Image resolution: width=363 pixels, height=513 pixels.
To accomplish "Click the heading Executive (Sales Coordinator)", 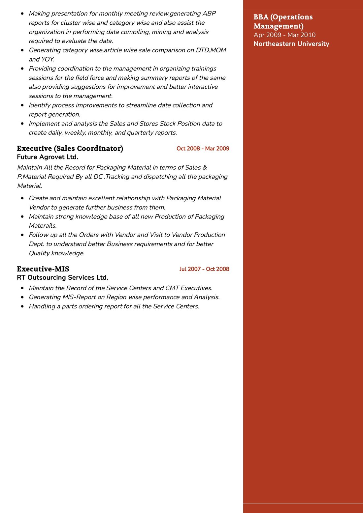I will tap(70, 148).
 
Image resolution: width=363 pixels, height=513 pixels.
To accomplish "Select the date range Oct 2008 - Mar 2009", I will tap(203, 149).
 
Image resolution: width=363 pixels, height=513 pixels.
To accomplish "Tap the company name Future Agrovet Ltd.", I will tap(48, 157).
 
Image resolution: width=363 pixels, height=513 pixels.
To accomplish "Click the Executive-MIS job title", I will tap(43, 269).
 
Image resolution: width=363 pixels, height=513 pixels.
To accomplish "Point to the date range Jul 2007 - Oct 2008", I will tap(204, 269).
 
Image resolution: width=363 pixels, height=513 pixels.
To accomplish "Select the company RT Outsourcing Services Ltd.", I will tap(62, 277).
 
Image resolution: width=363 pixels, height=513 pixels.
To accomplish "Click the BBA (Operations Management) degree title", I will tap(283, 21).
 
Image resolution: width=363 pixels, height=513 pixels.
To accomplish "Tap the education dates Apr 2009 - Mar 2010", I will tap(284, 35).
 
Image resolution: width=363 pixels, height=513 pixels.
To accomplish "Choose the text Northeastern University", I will tap(291, 44).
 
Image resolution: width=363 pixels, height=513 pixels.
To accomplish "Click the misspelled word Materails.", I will tap(43, 226).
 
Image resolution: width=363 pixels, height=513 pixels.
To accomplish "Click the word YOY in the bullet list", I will tap(47, 59).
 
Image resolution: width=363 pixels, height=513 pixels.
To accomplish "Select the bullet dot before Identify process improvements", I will tap(22, 105).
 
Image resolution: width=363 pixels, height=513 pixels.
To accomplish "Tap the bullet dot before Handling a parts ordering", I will tap(22, 306).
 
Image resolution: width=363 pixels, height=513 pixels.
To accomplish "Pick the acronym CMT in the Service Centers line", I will tap(172, 288).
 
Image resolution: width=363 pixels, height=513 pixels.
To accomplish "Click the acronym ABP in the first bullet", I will tap(209, 14).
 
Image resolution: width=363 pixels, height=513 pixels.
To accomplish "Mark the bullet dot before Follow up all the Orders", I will tap(22, 235).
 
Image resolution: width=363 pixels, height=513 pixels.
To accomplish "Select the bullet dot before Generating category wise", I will tap(22, 50).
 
